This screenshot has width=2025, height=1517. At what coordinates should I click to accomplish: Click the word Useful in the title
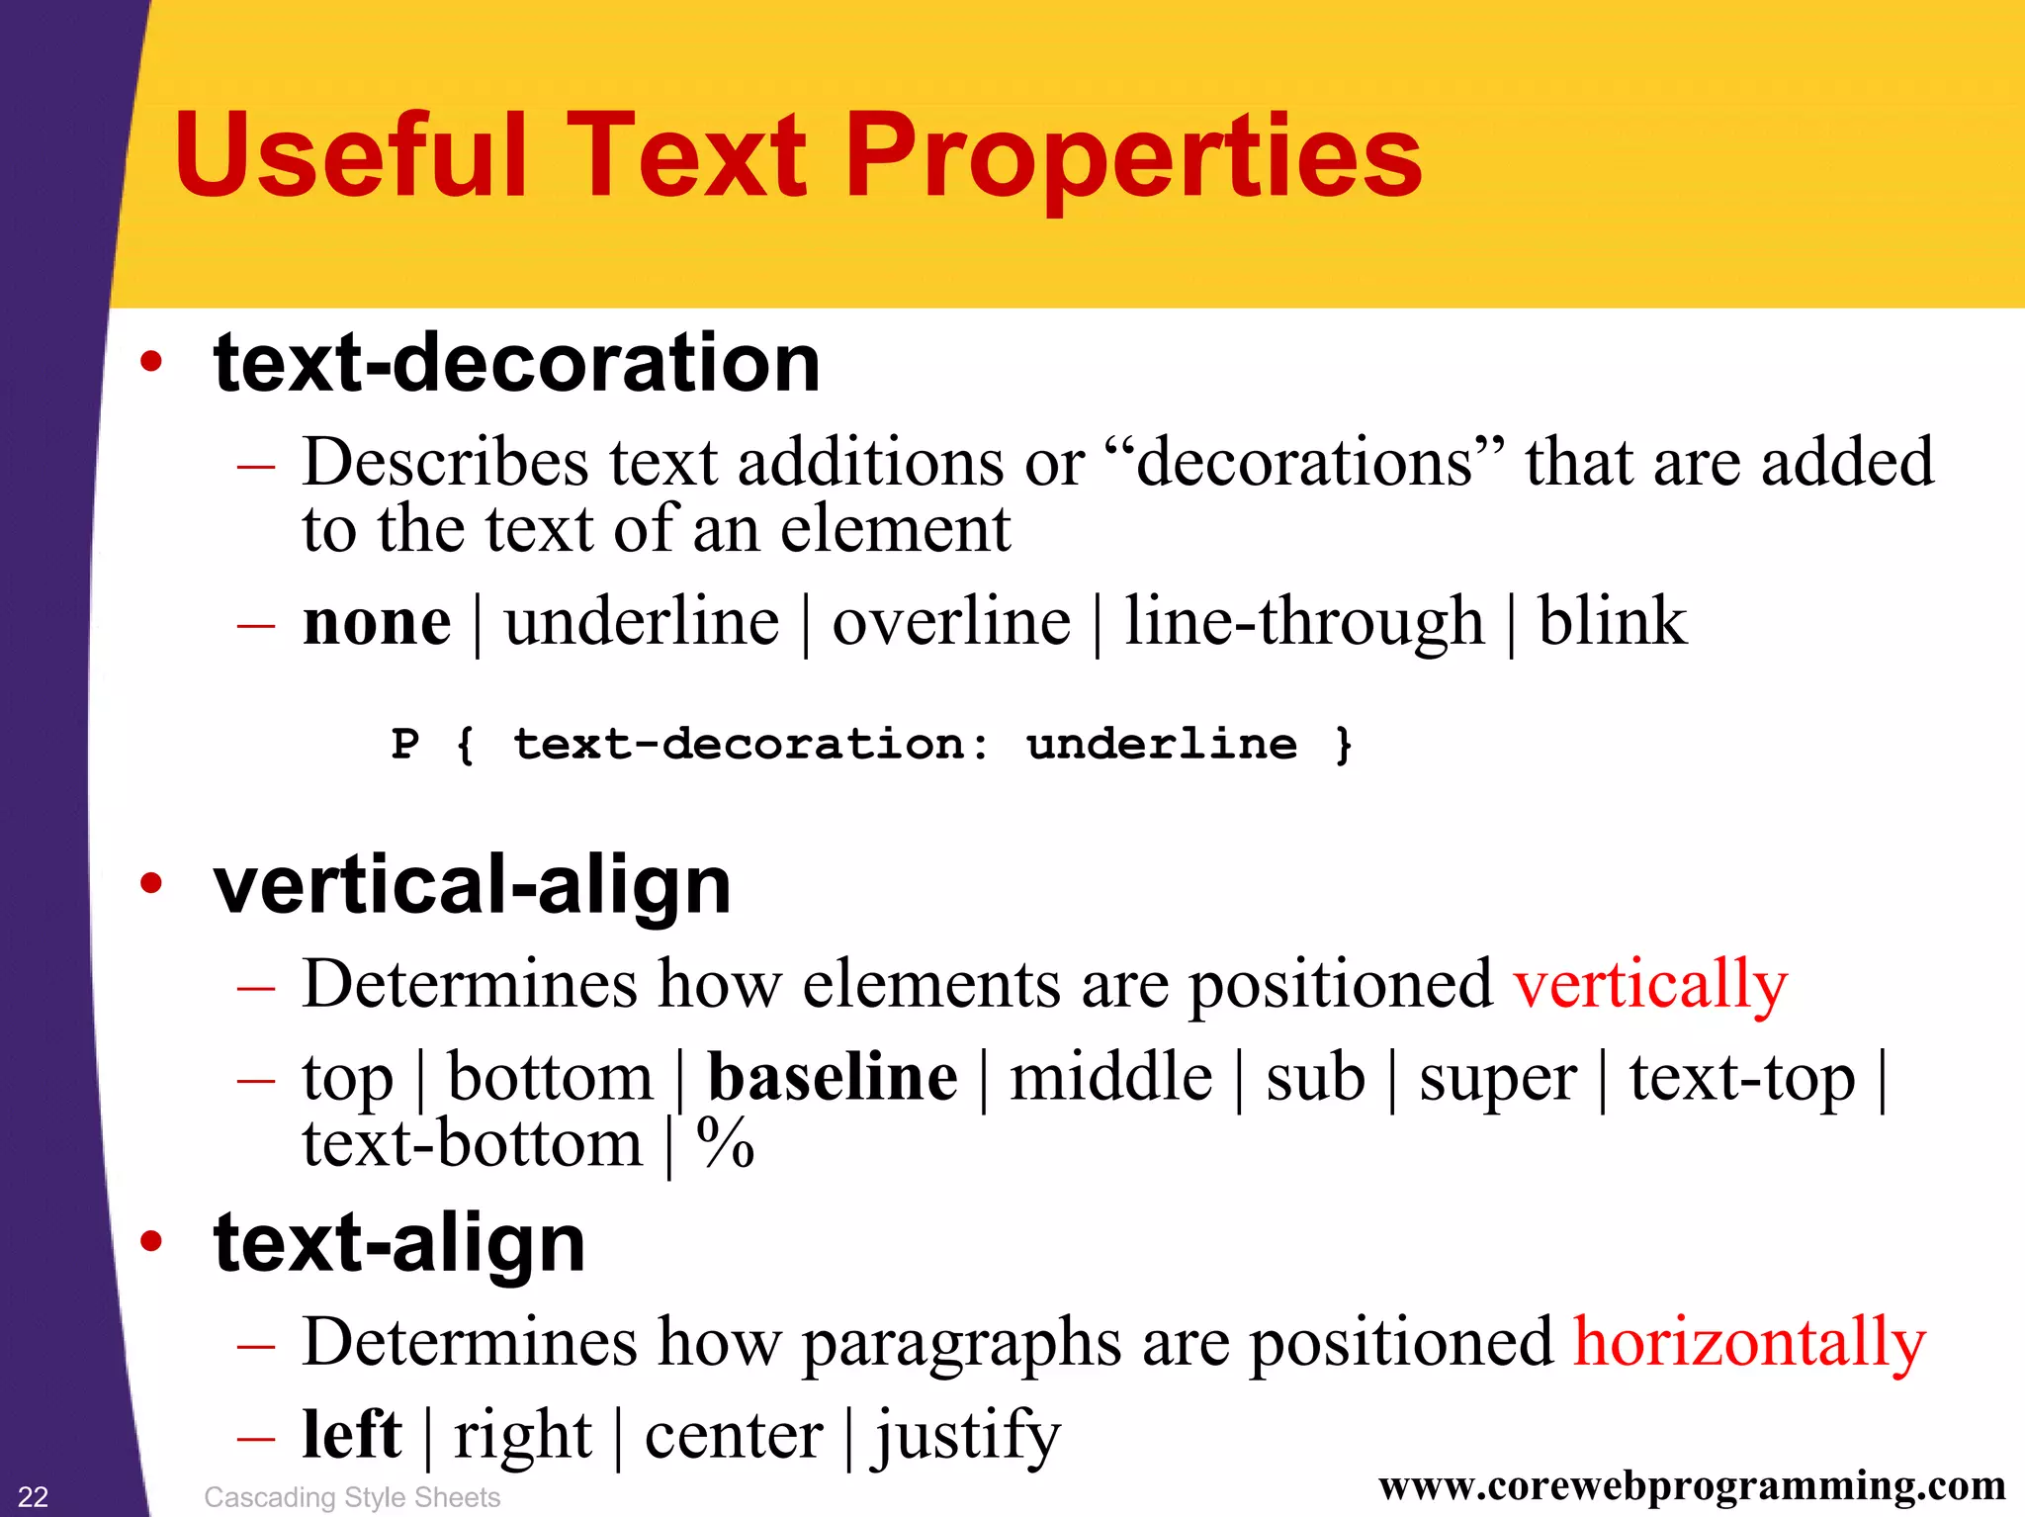click(x=350, y=156)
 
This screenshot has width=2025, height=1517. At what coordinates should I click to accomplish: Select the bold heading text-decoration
click(x=516, y=363)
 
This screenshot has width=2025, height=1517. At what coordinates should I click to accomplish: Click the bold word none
click(x=377, y=623)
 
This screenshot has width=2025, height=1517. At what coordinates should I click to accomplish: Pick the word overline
click(x=951, y=623)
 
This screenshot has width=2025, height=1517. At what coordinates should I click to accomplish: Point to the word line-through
click(x=1304, y=623)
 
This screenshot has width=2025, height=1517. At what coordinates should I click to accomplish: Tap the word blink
click(x=1612, y=623)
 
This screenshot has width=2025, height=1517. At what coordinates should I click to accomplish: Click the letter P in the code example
click(x=405, y=744)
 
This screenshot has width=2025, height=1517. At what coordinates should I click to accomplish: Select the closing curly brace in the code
click(x=1343, y=745)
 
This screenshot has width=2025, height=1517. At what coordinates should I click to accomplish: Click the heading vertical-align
click(x=472, y=885)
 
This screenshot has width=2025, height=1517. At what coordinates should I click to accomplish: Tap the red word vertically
click(x=1650, y=986)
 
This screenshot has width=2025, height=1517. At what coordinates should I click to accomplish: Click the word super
click(x=1498, y=1080)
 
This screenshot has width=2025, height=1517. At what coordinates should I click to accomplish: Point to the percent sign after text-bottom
click(x=726, y=1144)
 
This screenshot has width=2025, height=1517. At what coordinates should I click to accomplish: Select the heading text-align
click(x=399, y=1243)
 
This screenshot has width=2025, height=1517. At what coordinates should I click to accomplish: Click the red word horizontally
click(x=1749, y=1343)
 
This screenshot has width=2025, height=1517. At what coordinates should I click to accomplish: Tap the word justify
click(x=966, y=1436)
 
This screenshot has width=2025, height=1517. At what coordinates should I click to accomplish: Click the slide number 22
click(x=33, y=1496)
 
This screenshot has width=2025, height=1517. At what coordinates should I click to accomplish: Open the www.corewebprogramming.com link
click(x=1692, y=1486)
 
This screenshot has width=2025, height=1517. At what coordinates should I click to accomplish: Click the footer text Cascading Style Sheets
click(x=352, y=1497)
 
